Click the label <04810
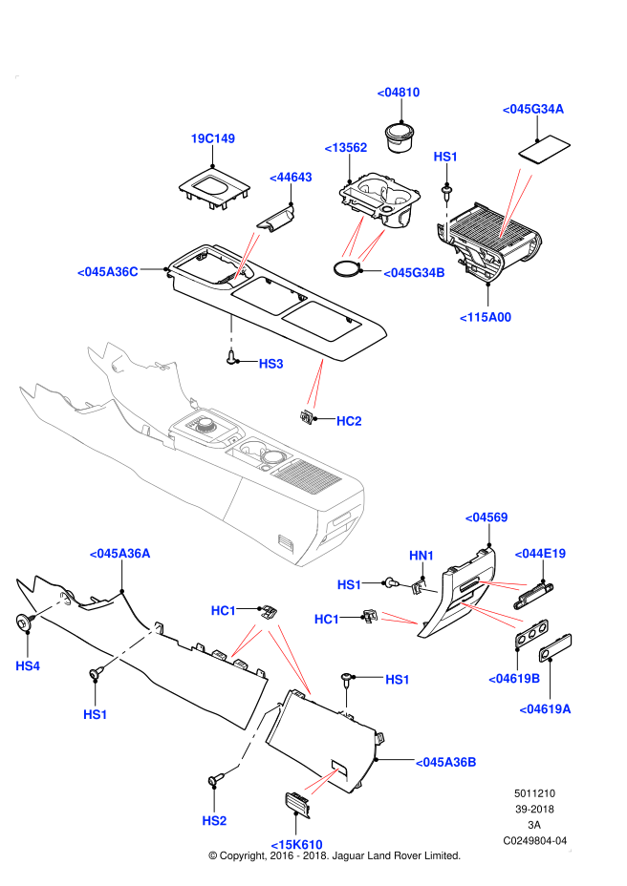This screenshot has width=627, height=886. coord(399,93)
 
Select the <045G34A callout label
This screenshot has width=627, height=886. coord(533,109)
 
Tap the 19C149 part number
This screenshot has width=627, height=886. coord(213,138)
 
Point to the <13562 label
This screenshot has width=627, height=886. coord(346,148)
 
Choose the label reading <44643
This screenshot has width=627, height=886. coord(292,178)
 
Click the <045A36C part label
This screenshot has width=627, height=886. coord(108,272)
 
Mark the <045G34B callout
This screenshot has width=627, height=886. coord(415,273)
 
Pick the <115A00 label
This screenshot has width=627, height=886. coord(486,318)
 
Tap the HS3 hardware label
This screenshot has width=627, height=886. coord(271,364)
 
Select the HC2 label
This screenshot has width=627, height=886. coord(350,421)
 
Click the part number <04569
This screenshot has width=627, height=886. coord(486,517)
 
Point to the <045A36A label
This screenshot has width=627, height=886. coord(120,554)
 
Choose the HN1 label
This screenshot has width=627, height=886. coord(422,556)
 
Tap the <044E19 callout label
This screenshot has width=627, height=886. coord(541,554)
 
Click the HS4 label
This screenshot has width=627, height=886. coord(28,666)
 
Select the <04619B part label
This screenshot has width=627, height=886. coord(515,679)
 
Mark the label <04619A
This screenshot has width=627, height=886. coord(546,708)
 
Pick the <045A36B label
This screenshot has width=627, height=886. coord(446,762)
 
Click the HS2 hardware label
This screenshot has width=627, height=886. coord(215,821)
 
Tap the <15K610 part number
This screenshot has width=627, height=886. coord(297,845)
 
